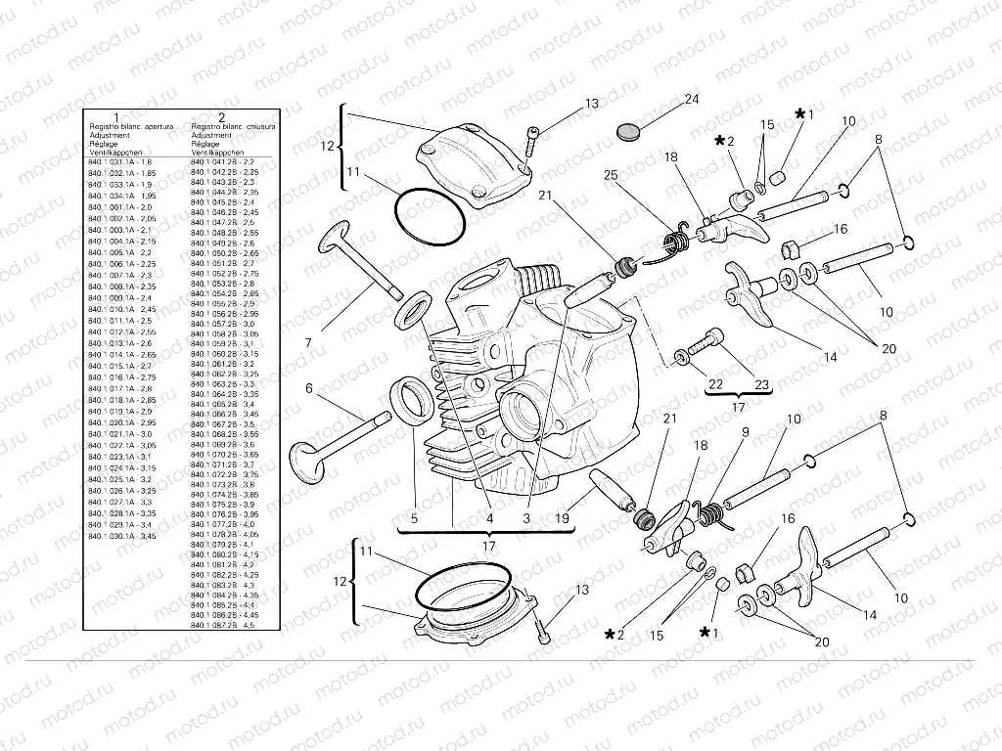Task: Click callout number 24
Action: (x=692, y=101)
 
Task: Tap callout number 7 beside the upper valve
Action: (x=308, y=342)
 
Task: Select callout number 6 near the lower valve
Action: (x=309, y=388)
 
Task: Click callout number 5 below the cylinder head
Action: (x=413, y=518)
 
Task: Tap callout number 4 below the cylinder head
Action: (x=487, y=518)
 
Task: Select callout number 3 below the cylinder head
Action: (x=527, y=518)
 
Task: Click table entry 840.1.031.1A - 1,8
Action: (x=120, y=162)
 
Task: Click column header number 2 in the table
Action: (x=222, y=117)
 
